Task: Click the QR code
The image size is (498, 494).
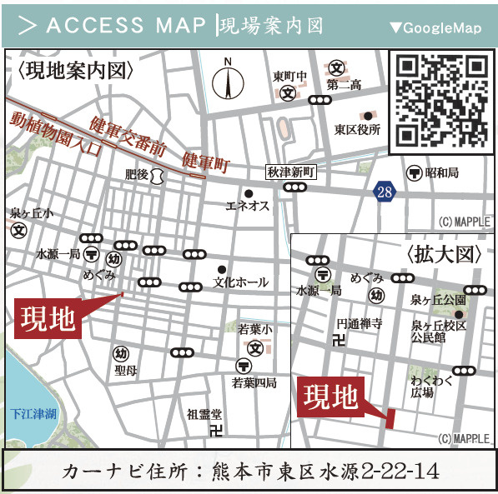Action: coord(441,101)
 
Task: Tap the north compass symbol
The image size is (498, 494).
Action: coord(227,82)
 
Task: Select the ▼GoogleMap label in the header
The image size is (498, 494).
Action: coord(435,28)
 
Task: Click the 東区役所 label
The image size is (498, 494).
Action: coord(358,130)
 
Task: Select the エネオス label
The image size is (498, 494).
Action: coord(248,207)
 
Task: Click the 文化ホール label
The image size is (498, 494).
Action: coord(241,282)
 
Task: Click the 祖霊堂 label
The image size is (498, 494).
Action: coord(204,414)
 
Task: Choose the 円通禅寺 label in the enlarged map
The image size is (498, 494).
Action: coord(359,323)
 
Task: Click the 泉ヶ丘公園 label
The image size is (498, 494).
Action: coord(438,299)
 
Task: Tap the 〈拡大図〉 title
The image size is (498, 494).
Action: coord(445,255)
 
